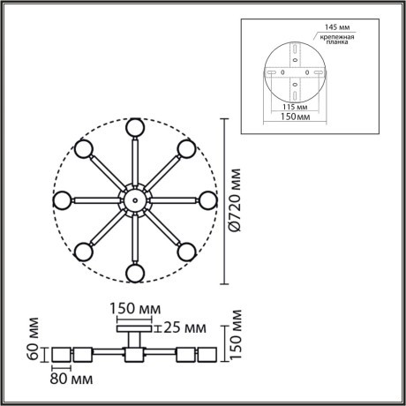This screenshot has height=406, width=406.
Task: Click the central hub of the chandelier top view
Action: pyautogui.click(x=134, y=200)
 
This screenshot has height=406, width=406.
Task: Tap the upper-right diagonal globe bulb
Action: pyautogui.click(x=186, y=148)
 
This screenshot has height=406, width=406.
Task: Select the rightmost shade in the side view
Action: pyautogui.click(x=209, y=355)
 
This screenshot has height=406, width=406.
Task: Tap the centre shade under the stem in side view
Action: pyautogui.click(x=134, y=355)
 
